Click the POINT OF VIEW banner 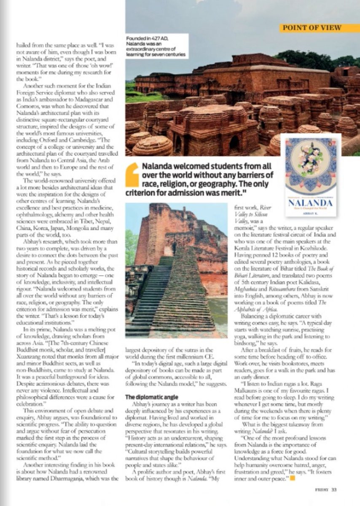(x=320, y=28)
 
